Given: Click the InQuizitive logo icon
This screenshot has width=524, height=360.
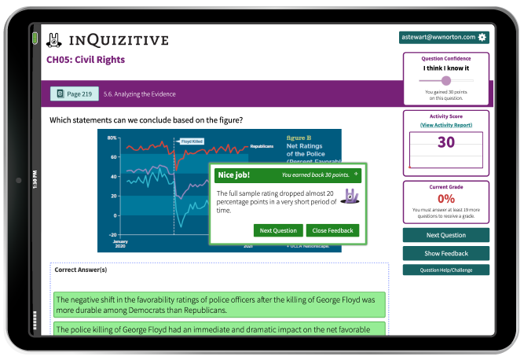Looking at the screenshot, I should coord(54,39).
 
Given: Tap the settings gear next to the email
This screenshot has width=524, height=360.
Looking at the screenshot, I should coord(482,37).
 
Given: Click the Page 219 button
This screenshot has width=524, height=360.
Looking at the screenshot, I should coord(75,94).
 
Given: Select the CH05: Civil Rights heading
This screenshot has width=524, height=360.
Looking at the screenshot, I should coord(86,60).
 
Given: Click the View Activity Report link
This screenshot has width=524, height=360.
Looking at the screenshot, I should coord(445,125).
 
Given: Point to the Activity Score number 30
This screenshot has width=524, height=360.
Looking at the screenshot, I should coord(445,142).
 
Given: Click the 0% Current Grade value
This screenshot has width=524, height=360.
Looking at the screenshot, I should coord(445,199).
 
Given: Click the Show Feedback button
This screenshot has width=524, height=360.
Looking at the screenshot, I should coord(445,253).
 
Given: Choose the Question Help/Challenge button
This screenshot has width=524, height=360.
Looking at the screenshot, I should coord(445,270).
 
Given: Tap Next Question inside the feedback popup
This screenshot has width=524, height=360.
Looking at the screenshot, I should coord(278,230).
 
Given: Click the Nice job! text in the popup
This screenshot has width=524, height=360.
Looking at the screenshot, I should coord(233,174).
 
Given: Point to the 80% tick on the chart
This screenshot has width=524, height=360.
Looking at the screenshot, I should coord(112,138).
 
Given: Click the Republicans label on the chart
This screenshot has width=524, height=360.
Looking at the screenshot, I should coord(262,146).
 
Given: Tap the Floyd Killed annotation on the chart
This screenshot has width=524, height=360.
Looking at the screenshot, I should coord(192,141).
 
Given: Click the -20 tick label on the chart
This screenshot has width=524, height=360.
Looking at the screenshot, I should coord(112,235).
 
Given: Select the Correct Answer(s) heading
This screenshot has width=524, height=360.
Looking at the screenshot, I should coord(81,270).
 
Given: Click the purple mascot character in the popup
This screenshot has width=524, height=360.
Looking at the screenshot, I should coord(347,197).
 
